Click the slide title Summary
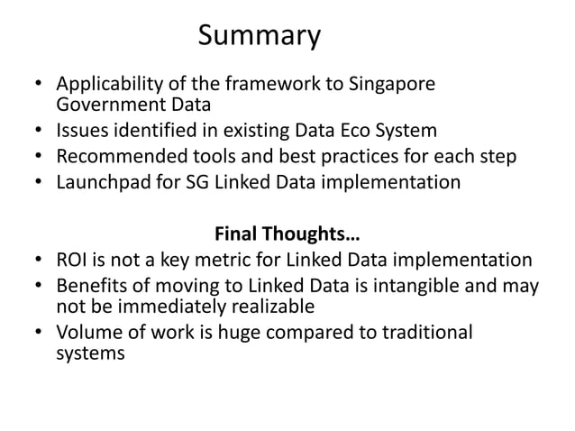point(259,36)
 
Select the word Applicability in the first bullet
point(105,87)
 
